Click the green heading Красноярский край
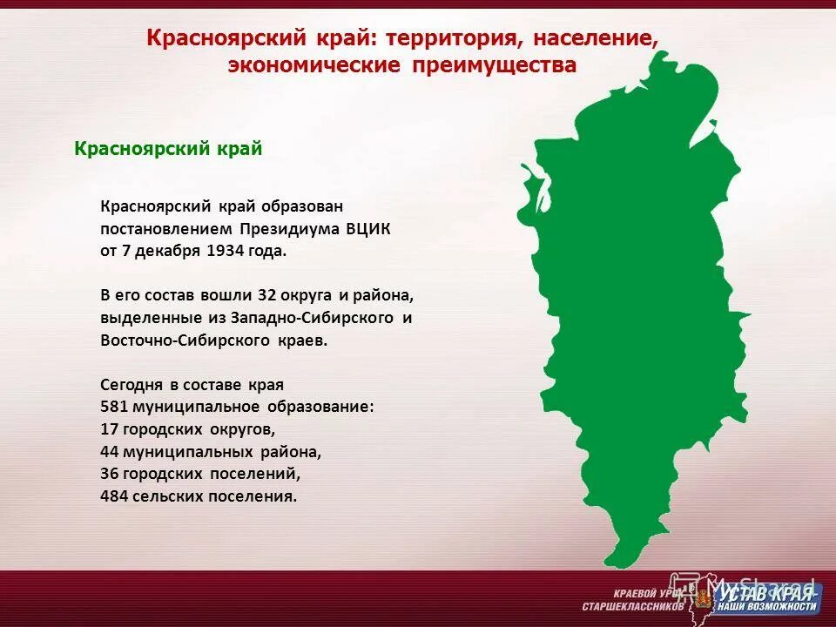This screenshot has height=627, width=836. tap(168, 149)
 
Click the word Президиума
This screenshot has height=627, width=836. tap(288, 229)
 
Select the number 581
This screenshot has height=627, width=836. tap(115, 407)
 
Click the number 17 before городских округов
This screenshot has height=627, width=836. tap(110, 429)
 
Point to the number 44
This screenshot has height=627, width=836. tap(110, 452)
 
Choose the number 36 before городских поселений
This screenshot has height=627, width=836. tap(110, 475)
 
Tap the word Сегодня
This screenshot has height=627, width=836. tap(131, 384)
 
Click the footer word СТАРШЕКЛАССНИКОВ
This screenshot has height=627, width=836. tap(633, 606)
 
